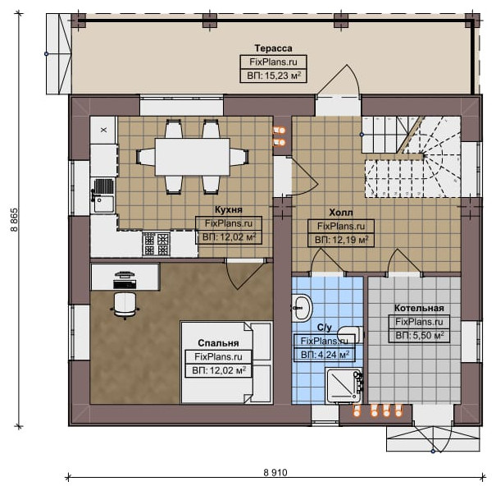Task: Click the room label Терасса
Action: tap(273, 48)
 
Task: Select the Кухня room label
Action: tap(229, 209)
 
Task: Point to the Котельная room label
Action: tap(419, 308)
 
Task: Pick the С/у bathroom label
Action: tap(324, 328)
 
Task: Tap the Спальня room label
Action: tap(218, 343)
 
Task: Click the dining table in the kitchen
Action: tap(192, 157)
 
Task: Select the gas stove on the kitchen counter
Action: tap(156, 244)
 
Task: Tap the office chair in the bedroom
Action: tap(125, 305)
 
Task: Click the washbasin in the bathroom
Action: tap(302, 308)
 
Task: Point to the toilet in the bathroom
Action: tap(350, 334)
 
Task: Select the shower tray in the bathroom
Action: tap(344, 385)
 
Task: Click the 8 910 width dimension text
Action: tap(275, 473)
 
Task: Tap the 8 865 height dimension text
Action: tap(15, 220)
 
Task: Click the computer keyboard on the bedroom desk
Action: tap(125, 284)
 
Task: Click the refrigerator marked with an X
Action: tap(103, 131)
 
